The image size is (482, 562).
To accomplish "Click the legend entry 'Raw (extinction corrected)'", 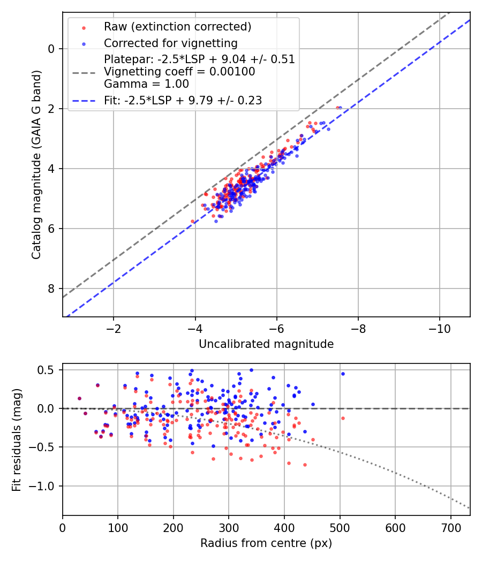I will pyautogui.click(x=177, y=27).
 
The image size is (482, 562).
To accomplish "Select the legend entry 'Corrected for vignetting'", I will pyautogui.click(x=170, y=43).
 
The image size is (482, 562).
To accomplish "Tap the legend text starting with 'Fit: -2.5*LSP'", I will pyautogui.click(x=183, y=100).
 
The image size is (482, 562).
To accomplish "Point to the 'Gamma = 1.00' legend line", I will pyautogui.click(x=146, y=83).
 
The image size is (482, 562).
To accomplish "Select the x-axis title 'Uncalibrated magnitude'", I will pyautogui.click(x=266, y=344).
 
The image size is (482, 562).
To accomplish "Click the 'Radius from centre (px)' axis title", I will pyautogui.click(x=266, y=543).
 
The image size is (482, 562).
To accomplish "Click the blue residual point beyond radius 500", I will pyautogui.click(x=343, y=374).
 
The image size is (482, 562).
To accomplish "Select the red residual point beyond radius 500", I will pyautogui.click(x=343, y=418).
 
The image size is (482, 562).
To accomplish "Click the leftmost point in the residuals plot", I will pyautogui.click(x=79, y=398).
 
